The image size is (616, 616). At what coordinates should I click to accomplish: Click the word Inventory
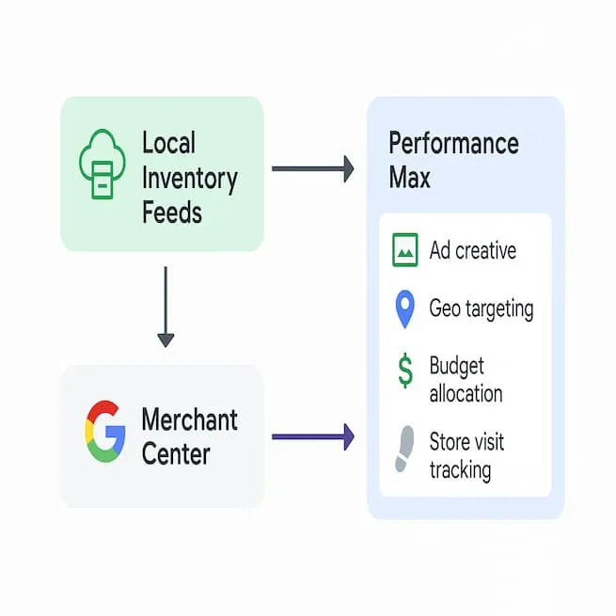(x=189, y=178)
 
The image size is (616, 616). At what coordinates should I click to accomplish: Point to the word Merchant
(x=189, y=419)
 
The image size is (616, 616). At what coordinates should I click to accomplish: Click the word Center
(x=176, y=454)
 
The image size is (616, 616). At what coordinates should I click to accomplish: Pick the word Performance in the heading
(x=453, y=144)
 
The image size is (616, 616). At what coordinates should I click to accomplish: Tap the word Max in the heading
(x=409, y=178)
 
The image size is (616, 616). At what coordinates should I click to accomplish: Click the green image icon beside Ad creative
(x=405, y=249)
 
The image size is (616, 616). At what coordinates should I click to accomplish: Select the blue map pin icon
(x=405, y=309)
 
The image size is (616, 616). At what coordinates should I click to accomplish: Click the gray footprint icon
(x=405, y=449)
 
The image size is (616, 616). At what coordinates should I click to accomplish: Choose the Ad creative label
(x=472, y=251)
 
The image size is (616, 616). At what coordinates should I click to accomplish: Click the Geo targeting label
(x=481, y=308)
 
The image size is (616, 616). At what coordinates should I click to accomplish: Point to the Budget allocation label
(x=466, y=379)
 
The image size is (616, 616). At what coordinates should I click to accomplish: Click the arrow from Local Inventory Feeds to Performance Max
(x=312, y=169)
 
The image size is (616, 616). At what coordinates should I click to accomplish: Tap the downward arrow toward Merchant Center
(x=166, y=306)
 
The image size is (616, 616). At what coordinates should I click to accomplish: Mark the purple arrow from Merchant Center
(x=312, y=436)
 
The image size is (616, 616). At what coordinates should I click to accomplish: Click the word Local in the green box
(x=168, y=144)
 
